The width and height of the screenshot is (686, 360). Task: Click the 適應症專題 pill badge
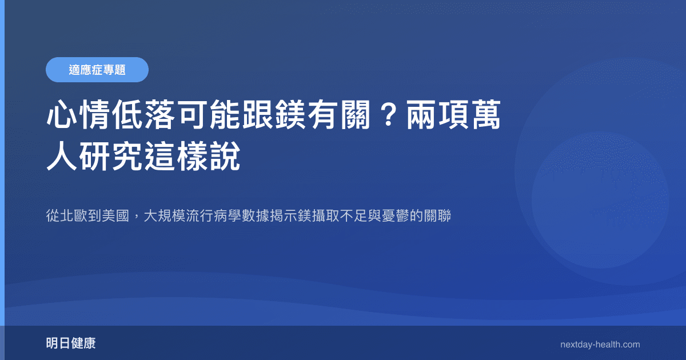click(x=97, y=70)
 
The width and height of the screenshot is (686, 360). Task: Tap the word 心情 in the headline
click(x=77, y=117)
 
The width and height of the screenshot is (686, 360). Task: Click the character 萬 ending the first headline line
click(x=485, y=117)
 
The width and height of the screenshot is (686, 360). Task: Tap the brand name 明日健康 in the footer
click(x=71, y=343)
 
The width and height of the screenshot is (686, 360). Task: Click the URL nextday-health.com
click(x=600, y=345)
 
